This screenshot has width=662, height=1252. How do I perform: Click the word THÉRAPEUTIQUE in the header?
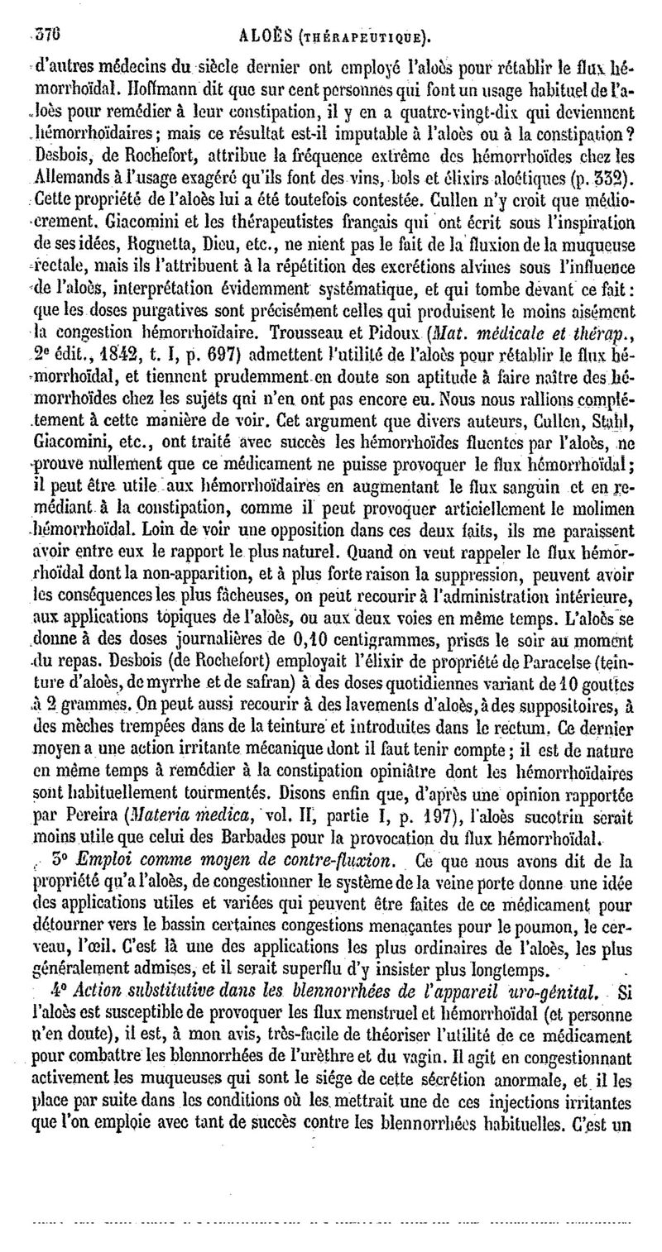(378, 14)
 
